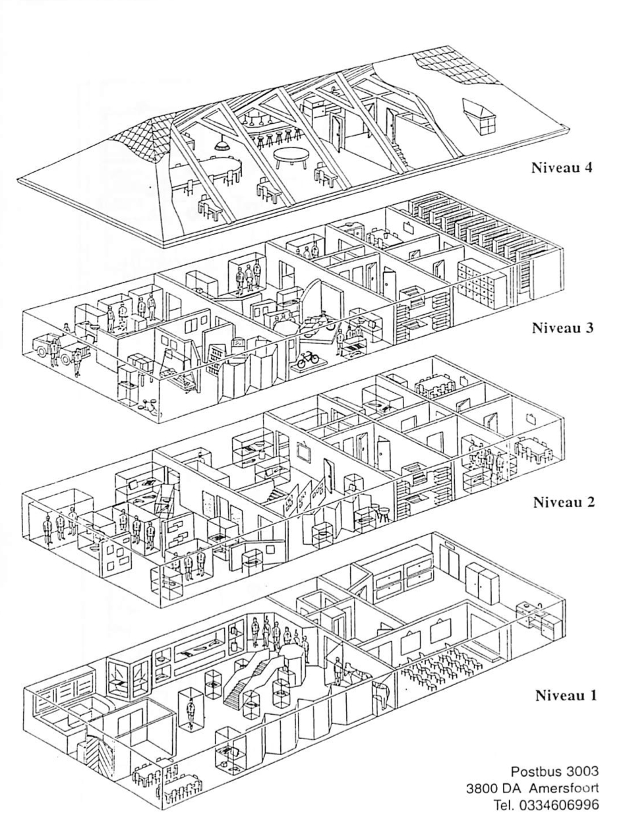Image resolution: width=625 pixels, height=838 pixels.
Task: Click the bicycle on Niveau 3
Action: pyautogui.click(x=309, y=360)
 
